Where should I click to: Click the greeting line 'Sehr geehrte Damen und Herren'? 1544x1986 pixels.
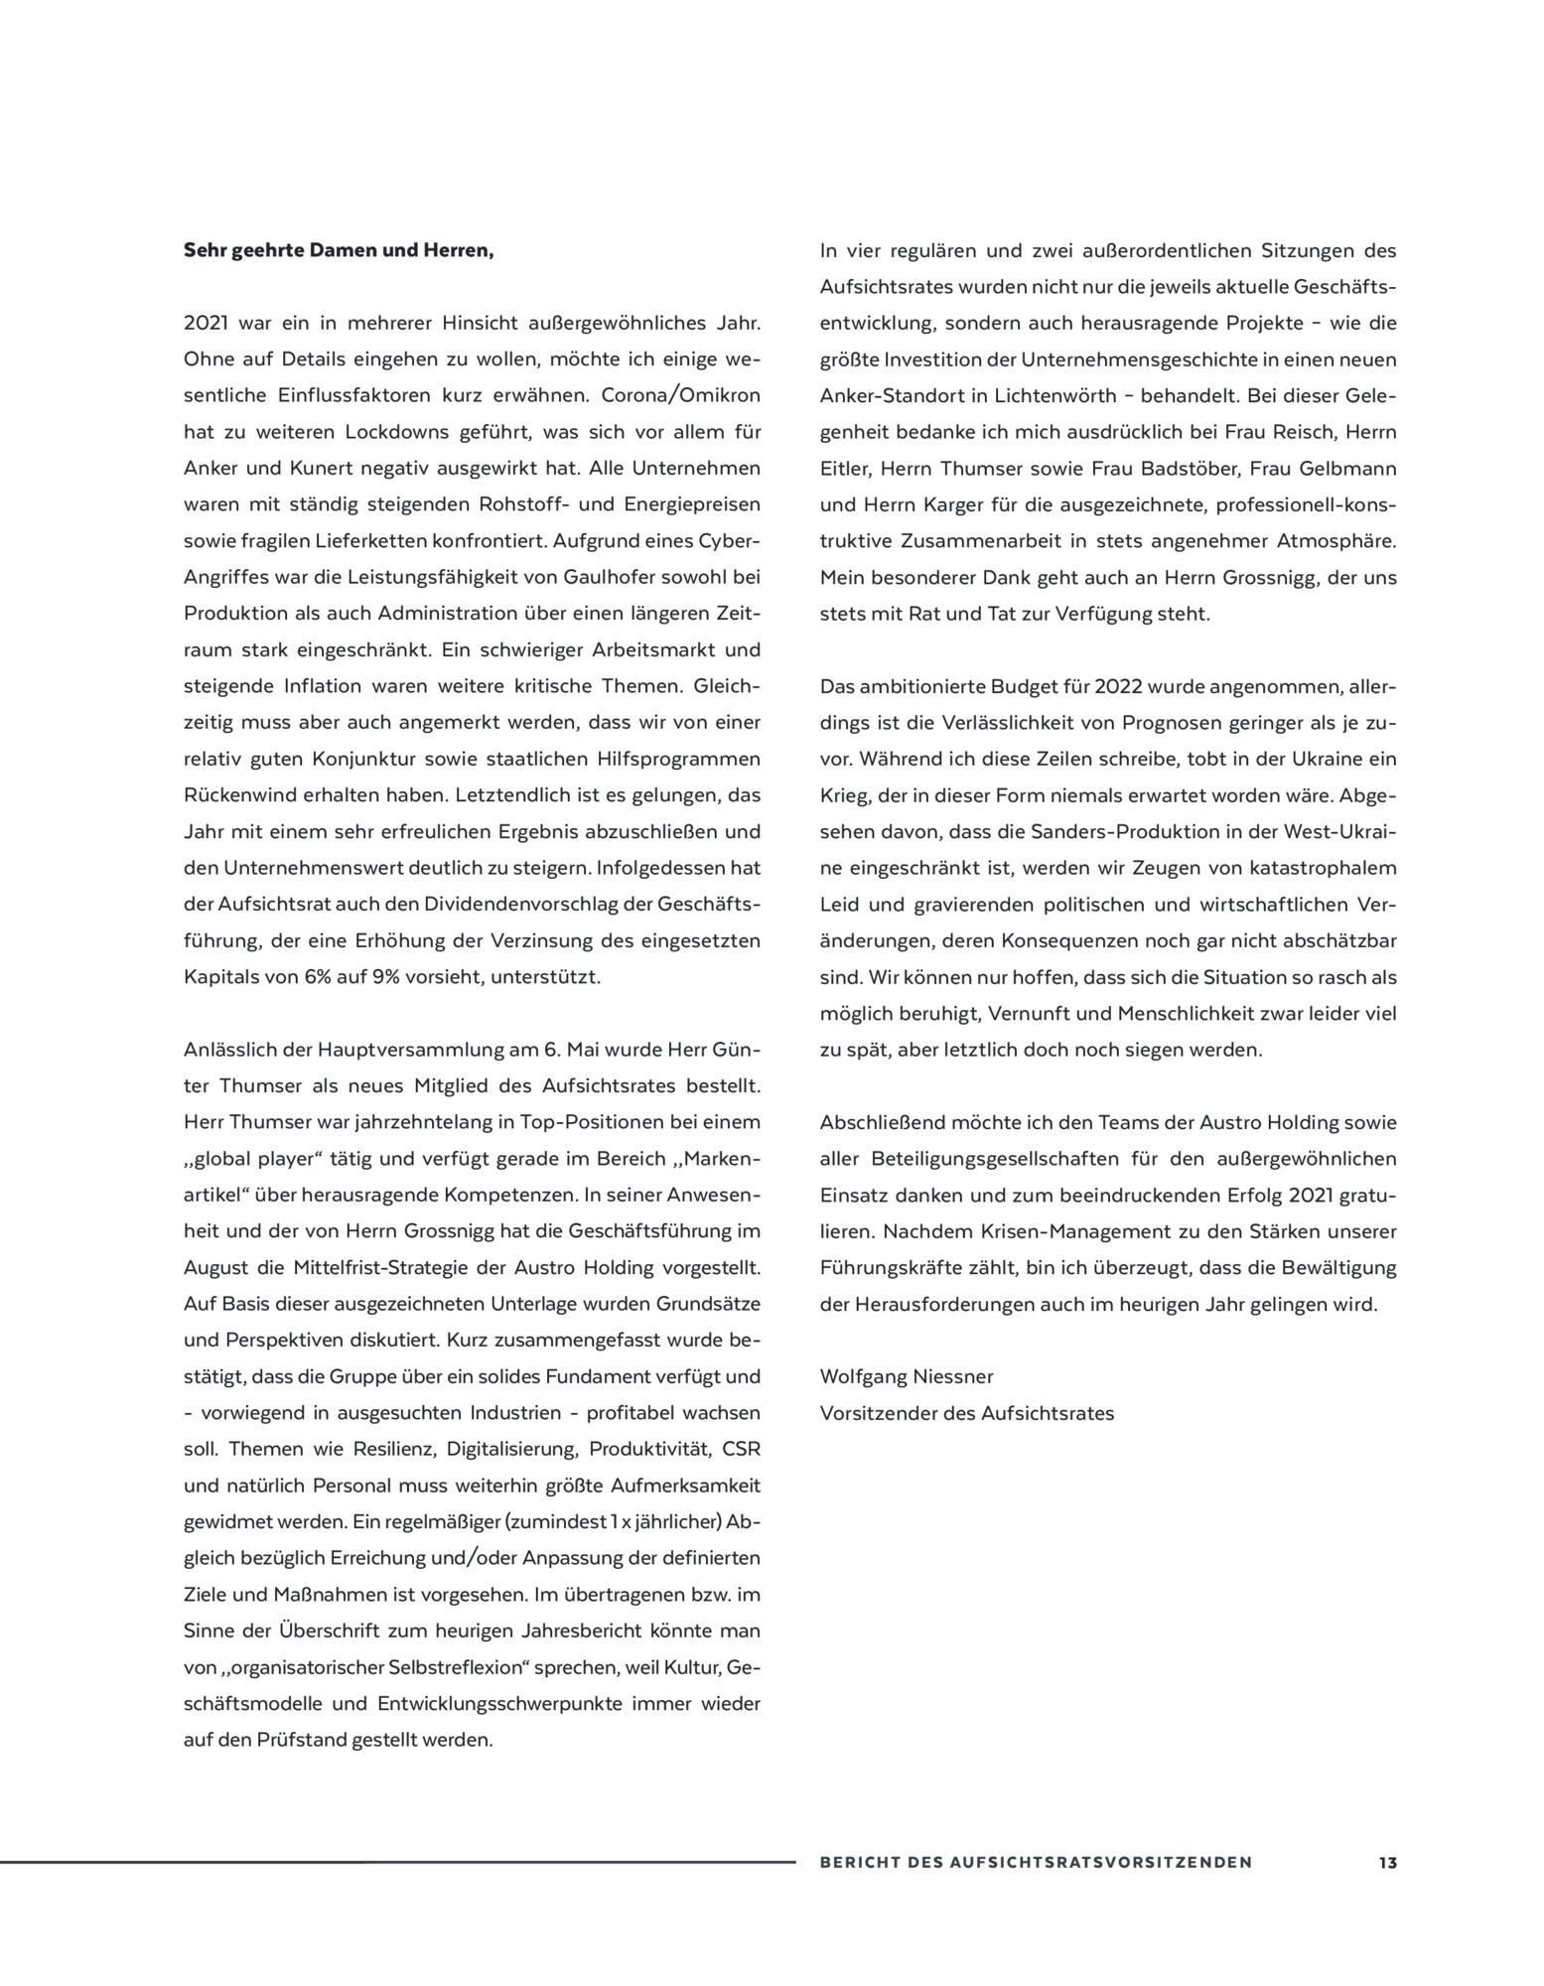(x=339, y=250)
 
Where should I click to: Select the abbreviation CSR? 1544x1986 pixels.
(x=741, y=1449)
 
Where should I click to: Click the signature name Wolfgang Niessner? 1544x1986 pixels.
(x=907, y=1376)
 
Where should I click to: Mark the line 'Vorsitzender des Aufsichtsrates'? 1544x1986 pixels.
(x=967, y=1413)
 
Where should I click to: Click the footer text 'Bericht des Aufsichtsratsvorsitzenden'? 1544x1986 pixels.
(x=1036, y=1863)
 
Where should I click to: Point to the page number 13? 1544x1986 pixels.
(x=1387, y=1863)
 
